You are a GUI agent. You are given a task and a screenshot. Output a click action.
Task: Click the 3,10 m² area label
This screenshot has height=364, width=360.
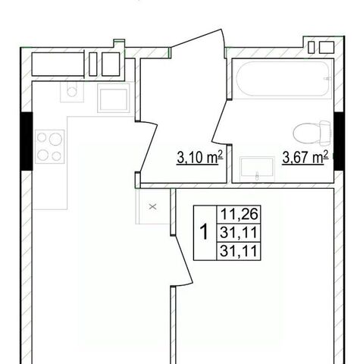200,157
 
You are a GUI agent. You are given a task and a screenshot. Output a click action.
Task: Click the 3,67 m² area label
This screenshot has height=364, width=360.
305,157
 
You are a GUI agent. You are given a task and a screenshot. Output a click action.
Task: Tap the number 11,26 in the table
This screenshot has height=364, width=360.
239,214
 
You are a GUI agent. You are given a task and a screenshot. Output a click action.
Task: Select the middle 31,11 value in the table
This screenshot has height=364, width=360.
239,232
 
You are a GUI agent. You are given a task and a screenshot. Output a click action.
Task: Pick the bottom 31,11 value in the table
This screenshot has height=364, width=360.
239,251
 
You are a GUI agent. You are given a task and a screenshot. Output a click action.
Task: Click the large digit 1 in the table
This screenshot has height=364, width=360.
204,232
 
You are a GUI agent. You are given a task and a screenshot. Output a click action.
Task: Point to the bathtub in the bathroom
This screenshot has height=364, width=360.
283,79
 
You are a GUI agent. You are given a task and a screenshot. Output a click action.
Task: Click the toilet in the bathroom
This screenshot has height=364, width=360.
311,133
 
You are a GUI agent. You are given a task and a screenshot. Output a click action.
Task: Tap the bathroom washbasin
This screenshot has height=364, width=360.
257,169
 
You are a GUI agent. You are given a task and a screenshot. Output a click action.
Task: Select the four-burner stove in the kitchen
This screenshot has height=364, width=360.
50,146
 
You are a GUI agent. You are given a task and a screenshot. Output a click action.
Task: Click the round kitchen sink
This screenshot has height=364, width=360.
72,92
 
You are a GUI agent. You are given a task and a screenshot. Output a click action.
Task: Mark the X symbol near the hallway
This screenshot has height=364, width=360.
152,207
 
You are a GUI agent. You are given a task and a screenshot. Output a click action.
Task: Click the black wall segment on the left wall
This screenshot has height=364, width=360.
27,141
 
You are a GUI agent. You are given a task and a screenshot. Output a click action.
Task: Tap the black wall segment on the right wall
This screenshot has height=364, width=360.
340,141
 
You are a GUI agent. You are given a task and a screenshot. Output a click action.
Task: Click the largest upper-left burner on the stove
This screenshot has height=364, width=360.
56,139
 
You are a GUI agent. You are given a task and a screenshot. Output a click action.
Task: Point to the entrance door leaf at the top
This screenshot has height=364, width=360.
196,38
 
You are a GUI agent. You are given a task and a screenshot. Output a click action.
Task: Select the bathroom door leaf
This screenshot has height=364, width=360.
220,121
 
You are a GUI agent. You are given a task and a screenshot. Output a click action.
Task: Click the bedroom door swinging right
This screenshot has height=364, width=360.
183,260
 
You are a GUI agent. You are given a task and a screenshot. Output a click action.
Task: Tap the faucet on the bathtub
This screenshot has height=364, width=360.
327,79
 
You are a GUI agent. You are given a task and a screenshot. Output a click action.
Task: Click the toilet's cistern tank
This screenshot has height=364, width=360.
325,133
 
